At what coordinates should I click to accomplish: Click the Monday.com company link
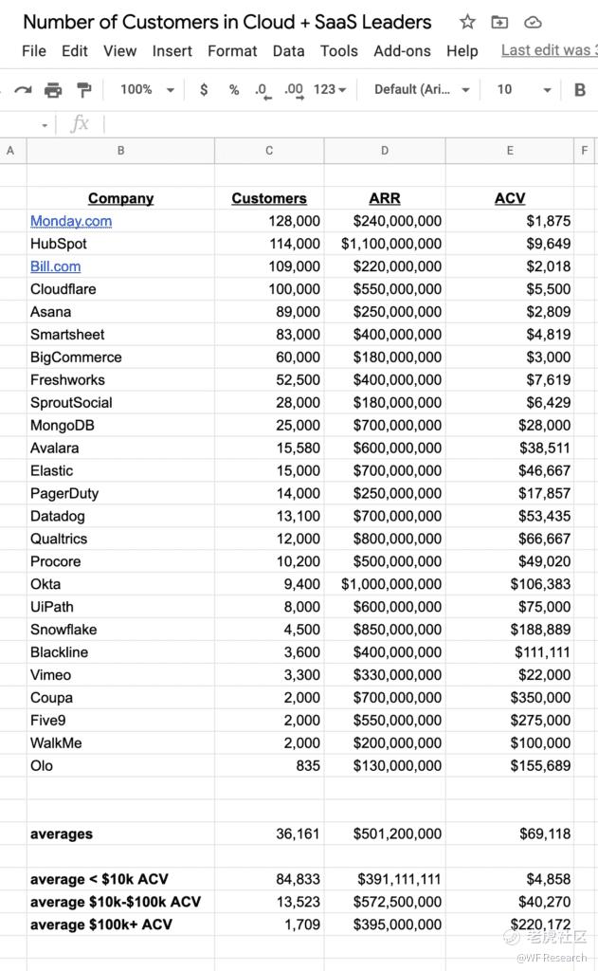(71, 221)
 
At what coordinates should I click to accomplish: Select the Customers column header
(269, 198)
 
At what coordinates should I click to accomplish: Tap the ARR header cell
(384, 198)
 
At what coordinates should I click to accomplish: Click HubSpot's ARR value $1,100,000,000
(391, 244)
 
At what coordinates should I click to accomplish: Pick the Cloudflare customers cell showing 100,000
(295, 289)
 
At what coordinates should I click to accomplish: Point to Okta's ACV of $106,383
(540, 584)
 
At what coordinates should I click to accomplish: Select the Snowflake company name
(63, 630)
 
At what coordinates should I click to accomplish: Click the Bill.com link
(55, 266)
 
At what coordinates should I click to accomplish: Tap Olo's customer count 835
(308, 766)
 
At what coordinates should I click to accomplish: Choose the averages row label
(62, 834)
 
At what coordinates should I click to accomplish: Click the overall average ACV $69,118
(545, 834)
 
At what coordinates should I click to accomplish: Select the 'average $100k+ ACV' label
(101, 925)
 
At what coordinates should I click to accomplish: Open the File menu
(34, 51)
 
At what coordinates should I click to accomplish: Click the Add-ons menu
(402, 51)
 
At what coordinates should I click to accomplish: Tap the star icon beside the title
(467, 22)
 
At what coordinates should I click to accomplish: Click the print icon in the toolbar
(53, 90)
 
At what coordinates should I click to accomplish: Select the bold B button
(580, 90)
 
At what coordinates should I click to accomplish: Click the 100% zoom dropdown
(147, 90)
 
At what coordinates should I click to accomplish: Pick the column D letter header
(384, 151)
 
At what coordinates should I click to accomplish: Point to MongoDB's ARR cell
(397, 426)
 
